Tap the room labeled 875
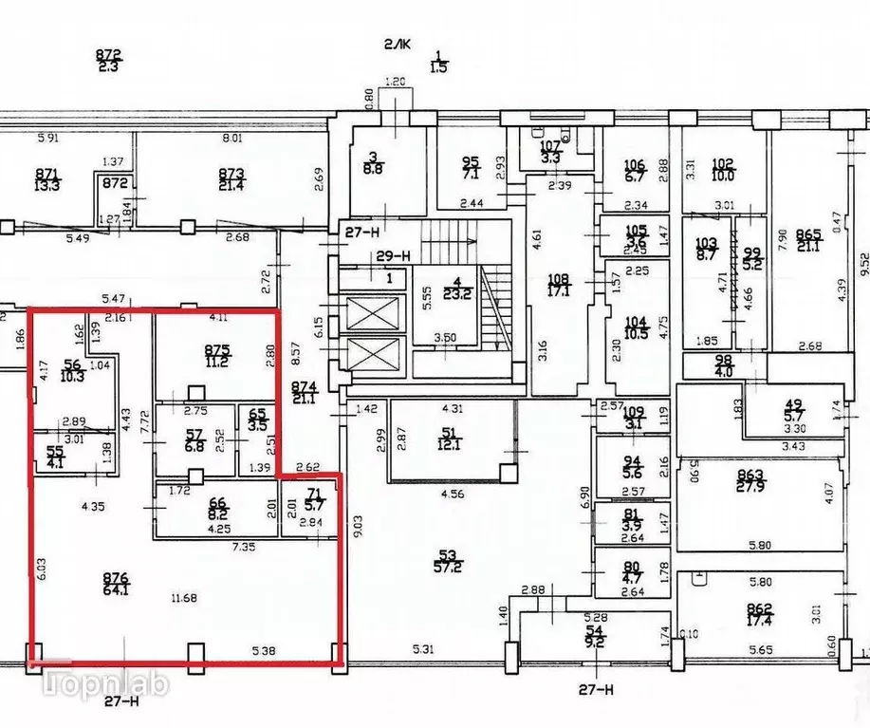218,355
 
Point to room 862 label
758,614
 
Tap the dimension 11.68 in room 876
182,597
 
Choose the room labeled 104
636,328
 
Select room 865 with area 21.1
808,241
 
